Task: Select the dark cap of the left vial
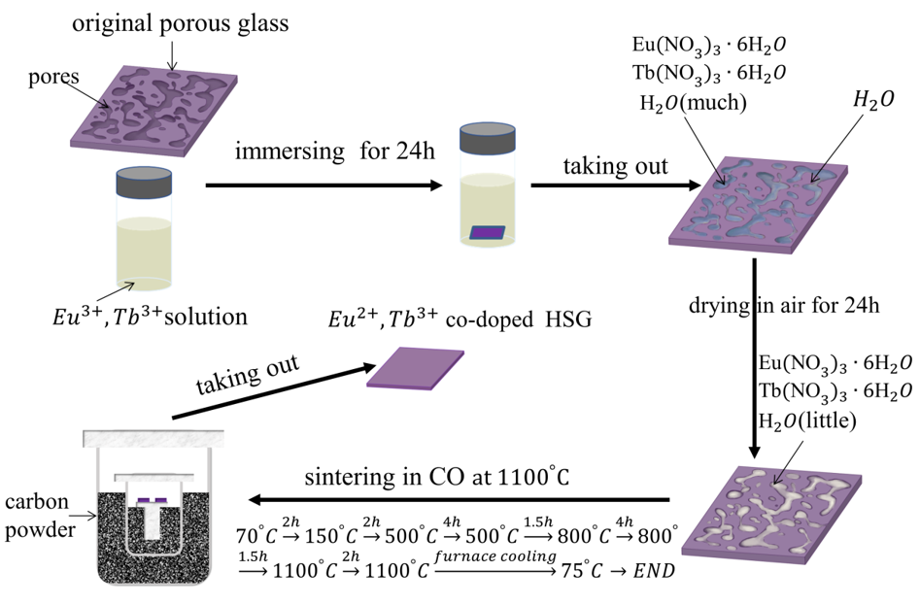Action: pyautogui.click(x=144, y=183)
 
